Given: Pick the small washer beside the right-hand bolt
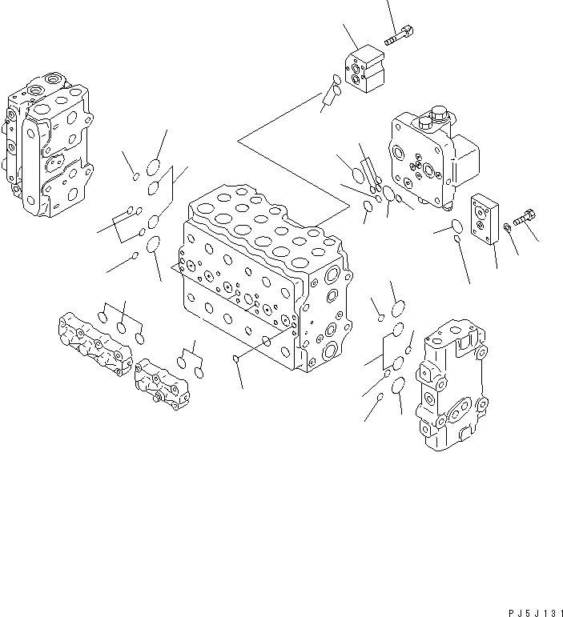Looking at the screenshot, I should [506, 232].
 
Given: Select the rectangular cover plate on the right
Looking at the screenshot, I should [486, 219].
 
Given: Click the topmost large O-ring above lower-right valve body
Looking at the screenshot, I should [398, 310].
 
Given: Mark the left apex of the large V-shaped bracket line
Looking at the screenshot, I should [238, 142].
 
